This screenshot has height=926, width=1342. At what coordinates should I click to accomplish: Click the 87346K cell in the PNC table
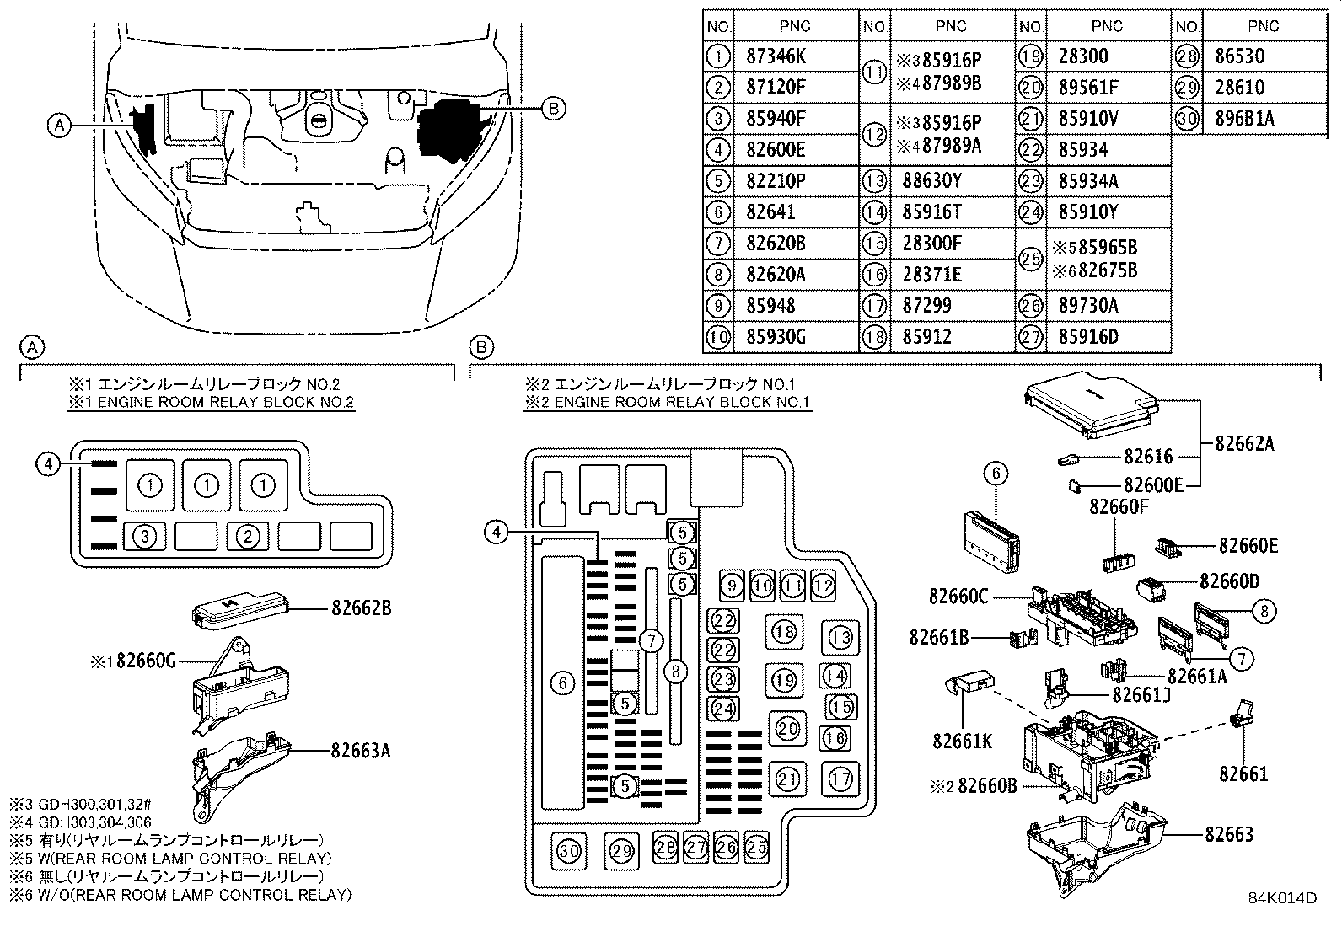point(776,56)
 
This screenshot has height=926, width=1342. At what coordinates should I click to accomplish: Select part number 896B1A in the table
point(1244,119)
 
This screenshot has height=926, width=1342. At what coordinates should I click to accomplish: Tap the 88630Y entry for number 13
point(933,181)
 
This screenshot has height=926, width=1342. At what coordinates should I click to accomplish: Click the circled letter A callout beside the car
point(57,126)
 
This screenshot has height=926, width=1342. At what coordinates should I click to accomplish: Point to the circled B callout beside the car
point(552,108)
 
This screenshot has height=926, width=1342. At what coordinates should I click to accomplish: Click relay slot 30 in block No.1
point(570,851)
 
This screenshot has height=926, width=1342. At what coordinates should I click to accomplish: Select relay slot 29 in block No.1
point(621,851)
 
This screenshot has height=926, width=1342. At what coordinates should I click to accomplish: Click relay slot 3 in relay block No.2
point(147,536)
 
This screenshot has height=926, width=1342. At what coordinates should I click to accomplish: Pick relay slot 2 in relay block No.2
point(246,536)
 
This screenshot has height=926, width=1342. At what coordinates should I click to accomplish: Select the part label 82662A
point(1244,442)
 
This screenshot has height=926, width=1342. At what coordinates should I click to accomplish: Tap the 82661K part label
point(962,741)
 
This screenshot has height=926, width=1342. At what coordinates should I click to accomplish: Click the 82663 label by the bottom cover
point(1228,834)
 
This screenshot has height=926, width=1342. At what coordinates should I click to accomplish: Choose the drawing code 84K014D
point(1282,898)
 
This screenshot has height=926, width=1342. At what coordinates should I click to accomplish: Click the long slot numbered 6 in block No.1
point(563,682)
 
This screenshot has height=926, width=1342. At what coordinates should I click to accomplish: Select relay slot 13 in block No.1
point(840,636)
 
